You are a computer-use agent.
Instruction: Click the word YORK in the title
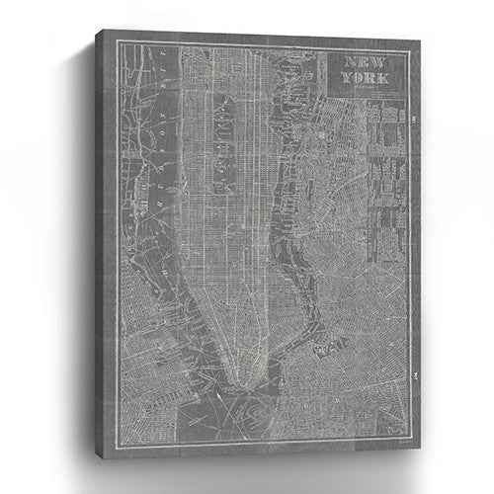coord(365,82)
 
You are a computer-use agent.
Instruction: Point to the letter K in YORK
coord(383,82)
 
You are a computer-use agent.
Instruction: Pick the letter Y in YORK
coord(345,82)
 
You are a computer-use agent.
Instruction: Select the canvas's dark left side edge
coord(103,247)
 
